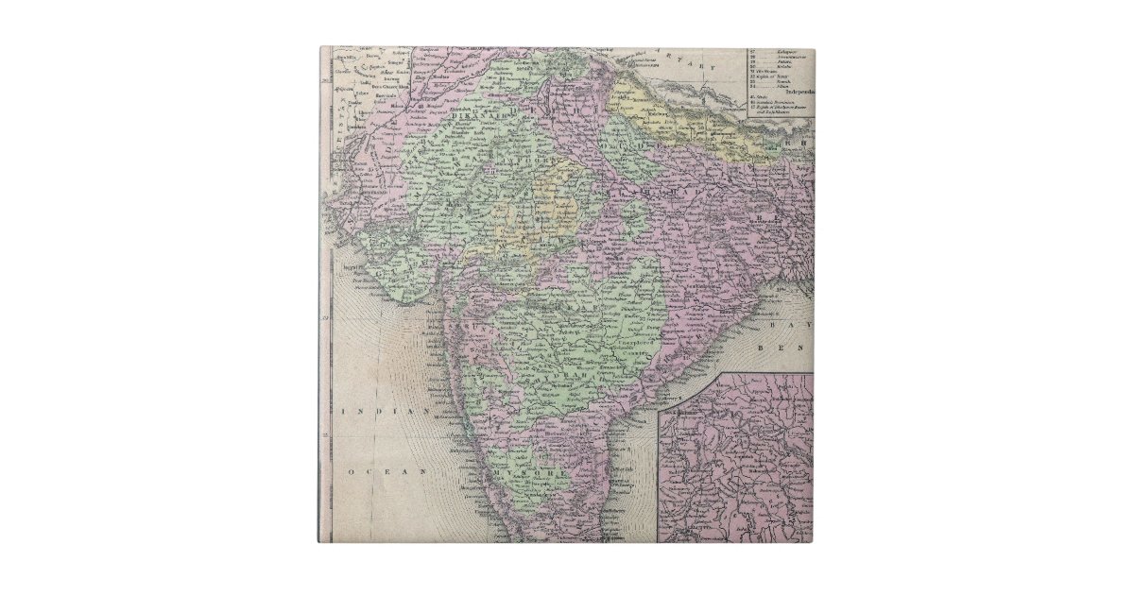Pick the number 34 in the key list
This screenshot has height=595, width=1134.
point(753,84)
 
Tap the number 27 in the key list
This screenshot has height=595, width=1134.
point(753,51)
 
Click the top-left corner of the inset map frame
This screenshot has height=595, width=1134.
point(659,374)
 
